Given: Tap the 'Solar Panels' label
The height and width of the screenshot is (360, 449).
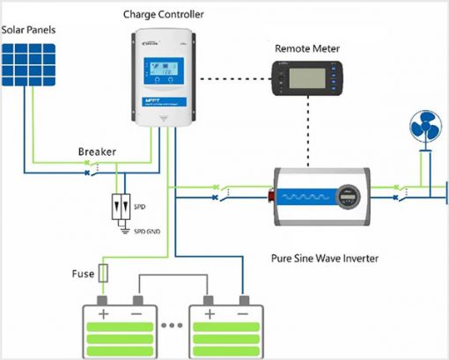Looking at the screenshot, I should click(x=29, y=29).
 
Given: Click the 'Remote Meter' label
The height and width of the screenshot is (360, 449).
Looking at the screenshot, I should click(x=308, y=48).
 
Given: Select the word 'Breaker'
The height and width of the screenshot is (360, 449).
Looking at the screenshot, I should click(x=98, y=151).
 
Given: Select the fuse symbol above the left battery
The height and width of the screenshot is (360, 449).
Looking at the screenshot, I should click(x=105, y=274).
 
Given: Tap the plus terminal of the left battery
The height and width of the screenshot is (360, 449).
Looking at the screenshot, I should click(x=103, y=313).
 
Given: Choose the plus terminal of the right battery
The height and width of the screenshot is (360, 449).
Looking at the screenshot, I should click(x=209, y=313).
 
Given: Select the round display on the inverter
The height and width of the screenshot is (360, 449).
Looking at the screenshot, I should click(x=349, y=195).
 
